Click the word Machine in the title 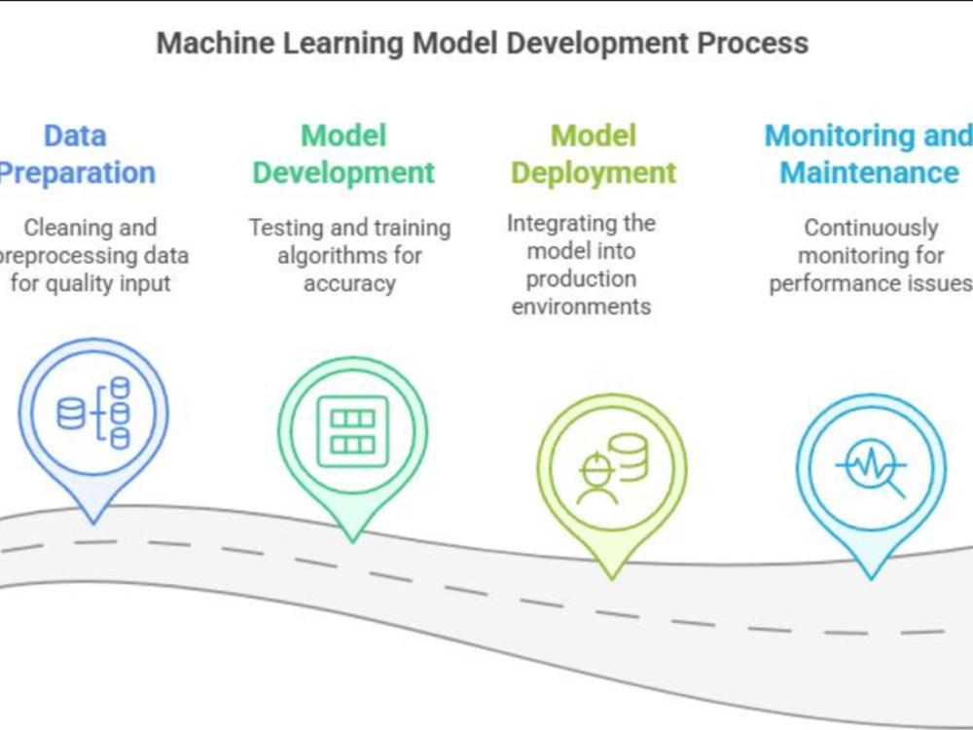click(215, 44)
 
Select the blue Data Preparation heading click(76, 154)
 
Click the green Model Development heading click(343, 154)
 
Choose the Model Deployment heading click(594, 155)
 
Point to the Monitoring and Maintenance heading click(869, 154)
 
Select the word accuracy click(349, 283)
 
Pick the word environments click(582, 307)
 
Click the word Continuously click(871, 228)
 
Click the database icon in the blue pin click(93, 412)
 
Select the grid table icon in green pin click(352, 431)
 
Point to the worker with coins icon click(612, 468)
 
